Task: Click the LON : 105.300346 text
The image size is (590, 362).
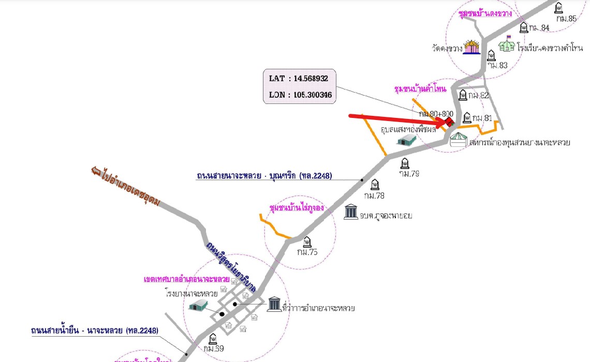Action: [x=301, y=95]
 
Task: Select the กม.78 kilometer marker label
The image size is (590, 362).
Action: [x=374, y=195]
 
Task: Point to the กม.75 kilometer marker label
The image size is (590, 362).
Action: [x=307, y=252]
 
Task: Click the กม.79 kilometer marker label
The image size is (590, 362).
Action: [x=409, y=173]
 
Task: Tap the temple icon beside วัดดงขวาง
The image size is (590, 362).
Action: [x=471, y=48]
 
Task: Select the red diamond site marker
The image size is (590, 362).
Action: [x=449, y=123]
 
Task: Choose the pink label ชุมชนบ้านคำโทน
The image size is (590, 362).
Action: [x=420, y=89]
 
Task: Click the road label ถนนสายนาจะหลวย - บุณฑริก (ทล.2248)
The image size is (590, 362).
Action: [x=264, y=176]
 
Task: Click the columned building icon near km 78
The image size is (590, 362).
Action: [x=351, y=212]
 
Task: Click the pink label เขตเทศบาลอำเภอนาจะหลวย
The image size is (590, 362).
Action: [x=187, y=279]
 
